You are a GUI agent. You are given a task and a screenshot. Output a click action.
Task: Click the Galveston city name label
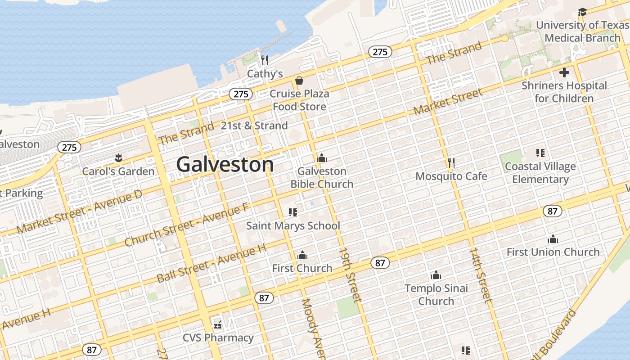[225, 165]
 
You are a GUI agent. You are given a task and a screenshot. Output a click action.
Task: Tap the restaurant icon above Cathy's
[265, 60]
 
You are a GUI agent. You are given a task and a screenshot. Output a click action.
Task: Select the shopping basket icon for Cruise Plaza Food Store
[299, 81]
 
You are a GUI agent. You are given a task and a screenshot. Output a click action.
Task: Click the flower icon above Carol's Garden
[118, 157]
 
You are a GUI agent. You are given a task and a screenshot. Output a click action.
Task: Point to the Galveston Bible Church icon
[321, 158]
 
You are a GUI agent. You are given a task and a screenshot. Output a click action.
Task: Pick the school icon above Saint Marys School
[292, 212]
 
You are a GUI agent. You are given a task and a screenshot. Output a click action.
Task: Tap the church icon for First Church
[302, 255]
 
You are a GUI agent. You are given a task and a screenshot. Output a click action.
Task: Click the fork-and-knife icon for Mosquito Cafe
[451, 162]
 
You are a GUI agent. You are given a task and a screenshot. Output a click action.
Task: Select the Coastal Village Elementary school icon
[540, 153]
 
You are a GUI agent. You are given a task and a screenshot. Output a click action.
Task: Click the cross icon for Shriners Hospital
[564, 72]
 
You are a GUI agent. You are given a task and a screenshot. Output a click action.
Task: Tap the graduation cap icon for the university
[582, 12]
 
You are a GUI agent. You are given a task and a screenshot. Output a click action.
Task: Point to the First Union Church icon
[553, 239]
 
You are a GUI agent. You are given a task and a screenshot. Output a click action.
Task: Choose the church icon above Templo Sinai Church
[436, 275]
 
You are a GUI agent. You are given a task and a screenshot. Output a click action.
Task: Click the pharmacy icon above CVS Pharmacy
[218, 324]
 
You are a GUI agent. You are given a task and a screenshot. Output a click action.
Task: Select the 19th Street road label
[350, 274]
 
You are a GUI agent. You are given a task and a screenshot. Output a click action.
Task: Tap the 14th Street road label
[480, 273]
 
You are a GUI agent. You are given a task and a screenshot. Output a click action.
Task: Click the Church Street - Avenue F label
[186, 225]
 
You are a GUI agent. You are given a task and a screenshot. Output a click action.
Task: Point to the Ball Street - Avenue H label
[211, 264]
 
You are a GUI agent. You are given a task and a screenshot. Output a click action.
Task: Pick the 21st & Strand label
[254, 126]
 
